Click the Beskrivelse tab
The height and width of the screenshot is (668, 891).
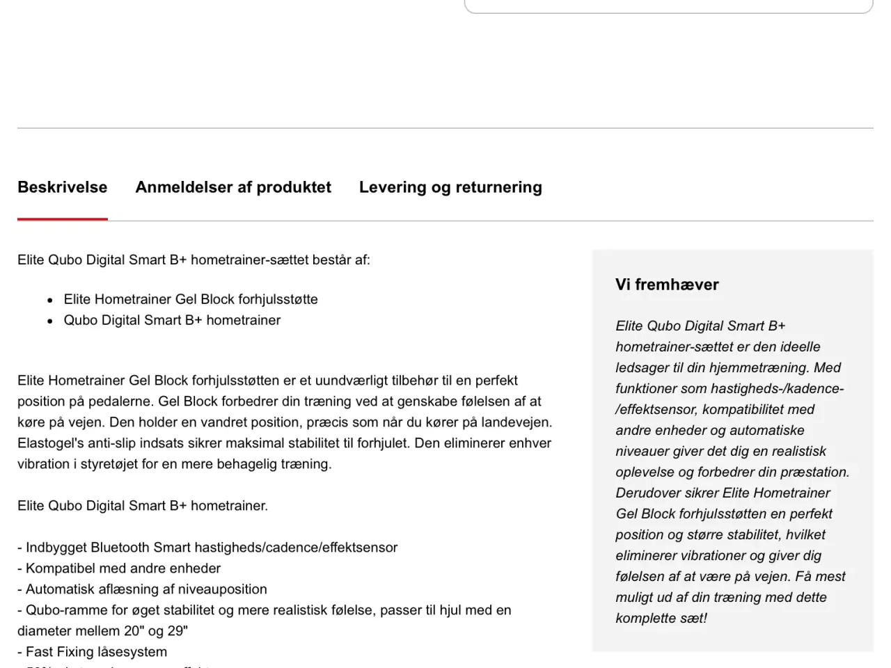coord(62,187)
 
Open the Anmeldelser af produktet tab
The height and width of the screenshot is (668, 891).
coord(233,187)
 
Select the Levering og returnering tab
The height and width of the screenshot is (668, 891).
coord(450,187)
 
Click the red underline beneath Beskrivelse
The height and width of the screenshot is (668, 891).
coord(62,218)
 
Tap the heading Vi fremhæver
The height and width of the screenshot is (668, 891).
coord(667,285)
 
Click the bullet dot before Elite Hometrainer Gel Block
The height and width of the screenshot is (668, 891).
coord(50,301)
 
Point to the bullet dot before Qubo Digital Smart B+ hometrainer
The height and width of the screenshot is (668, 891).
coord(50,321)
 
